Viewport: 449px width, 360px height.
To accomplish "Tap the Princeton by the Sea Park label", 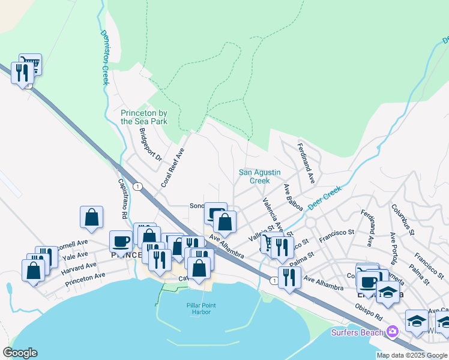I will click(x=144, y=117).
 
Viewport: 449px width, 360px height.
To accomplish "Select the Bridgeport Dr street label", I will click(x=150, y=145).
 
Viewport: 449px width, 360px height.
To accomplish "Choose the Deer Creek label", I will click(x=324, y=197).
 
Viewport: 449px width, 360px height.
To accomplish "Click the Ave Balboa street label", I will click(x=293, y=197).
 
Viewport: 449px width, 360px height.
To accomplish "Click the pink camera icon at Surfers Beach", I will click(x=393, y=331).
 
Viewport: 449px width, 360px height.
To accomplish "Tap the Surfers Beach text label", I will click(x=358, y=332).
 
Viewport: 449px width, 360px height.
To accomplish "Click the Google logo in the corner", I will click(x=20, y=353).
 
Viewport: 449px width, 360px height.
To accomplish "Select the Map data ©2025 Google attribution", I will click(x=412, y=355).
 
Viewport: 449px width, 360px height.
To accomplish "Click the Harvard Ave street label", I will click(x=79, y=267).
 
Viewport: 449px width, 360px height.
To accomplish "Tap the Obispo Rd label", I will click(x=369, y=314).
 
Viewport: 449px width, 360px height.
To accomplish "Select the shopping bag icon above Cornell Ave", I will click(x=91, y=217).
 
